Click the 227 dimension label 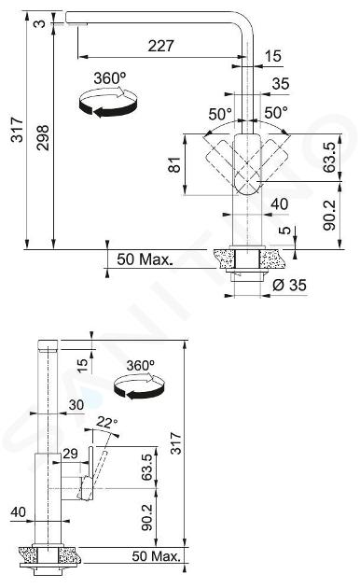pyautogui.click(x=160, y=46)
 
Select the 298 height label pyautogui.click(x=43, y=137)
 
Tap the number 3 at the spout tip pyautogui.click(x=39, y=23)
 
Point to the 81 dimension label pyautogui.click(x=174, y=165)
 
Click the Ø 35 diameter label pyautogui.click(x=289, y=285)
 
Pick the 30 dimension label pyautogui.click(x=76, y=405)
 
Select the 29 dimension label pyautogui.click(x=70, y=454)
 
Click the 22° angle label pyautogui.click(x=106, y=422)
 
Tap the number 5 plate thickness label pyautogui.click(x=284, y=230)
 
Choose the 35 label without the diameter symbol pyautogui.click(x=281, y=83)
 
